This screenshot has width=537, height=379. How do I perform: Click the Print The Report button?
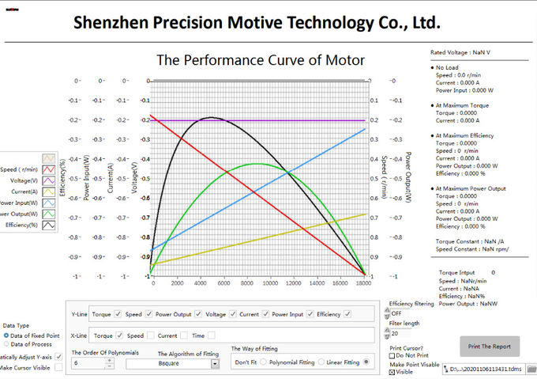click(x=490, y=347)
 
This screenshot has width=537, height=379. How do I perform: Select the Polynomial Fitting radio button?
click(x=265, y=362)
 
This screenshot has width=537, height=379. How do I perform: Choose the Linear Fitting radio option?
click(x=321, y=362)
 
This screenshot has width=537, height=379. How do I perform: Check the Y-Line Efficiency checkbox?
click(x=347, y=314)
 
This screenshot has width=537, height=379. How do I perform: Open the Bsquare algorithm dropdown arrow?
click(x=214, y=364)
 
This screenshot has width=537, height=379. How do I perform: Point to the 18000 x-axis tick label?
click(x=363, y=282)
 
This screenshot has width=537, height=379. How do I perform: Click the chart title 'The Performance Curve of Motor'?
click(x=261, y=60)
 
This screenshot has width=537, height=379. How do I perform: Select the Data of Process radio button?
click(x=8, y=344)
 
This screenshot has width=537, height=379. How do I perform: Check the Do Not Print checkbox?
click(x=392, y=355)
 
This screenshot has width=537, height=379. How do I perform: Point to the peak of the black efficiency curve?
click(x=210, y=117)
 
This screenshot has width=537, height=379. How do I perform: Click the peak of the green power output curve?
click(x=257, y=164)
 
